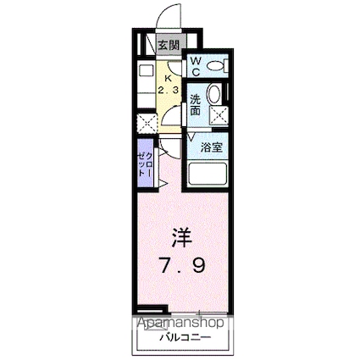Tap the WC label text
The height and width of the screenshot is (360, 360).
(x=194, y=64)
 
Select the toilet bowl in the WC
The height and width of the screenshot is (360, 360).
(x=216, y=64)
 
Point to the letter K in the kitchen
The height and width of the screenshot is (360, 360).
(x=169, y=73)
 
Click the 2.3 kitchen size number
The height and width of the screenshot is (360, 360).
(x=169, y=87)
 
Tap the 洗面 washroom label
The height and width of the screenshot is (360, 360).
(x=195, y=102)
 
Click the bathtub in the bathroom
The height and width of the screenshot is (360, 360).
(x=210, y=174)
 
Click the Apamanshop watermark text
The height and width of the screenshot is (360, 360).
(x=179, y=323)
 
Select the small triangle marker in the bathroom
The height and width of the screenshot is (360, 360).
(x=192, y=135)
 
